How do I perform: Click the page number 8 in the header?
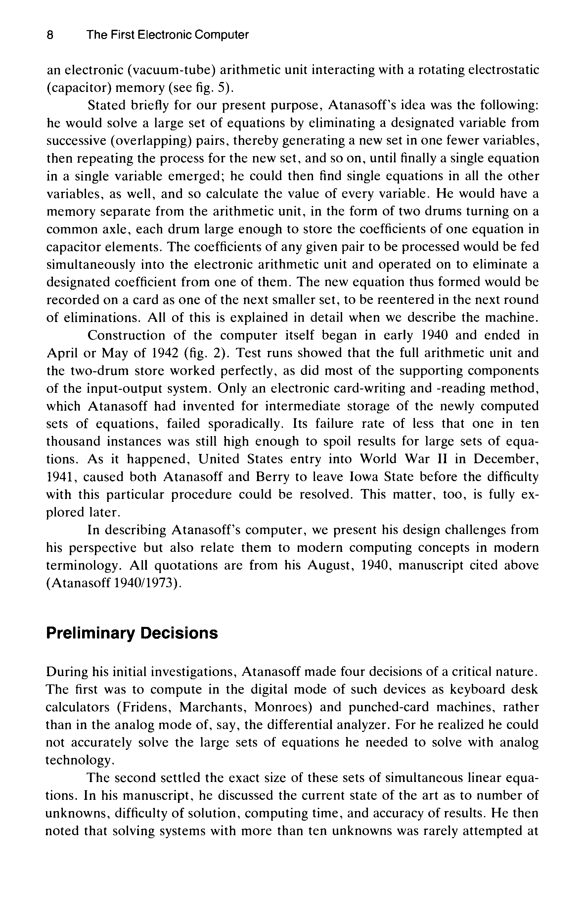pos(50,35)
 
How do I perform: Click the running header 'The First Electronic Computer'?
pos(167,35)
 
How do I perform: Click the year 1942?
pos(165,353)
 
